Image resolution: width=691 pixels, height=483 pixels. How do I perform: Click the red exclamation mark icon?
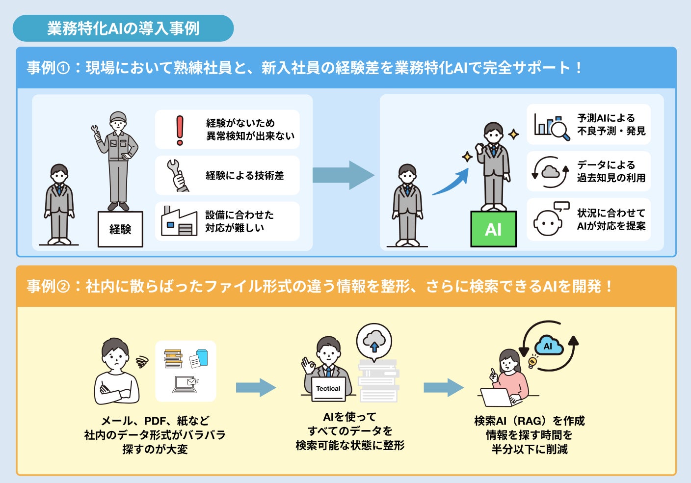pyautogui.click(x=180, y=130)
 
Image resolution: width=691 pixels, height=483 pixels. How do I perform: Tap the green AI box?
pyautogui.click(x=493, y=229)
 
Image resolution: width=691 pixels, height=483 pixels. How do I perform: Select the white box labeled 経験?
pyautogui.click(x=120, y=229)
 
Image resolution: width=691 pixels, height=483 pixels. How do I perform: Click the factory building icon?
pyautogui.click(x=179, y=221)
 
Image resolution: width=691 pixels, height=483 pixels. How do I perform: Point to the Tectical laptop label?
pyautogui.click(x=328, y=388)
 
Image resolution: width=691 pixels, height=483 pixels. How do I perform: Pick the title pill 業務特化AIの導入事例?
pyautogui.click(x=123, y=28)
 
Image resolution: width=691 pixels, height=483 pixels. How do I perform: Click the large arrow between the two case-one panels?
pyautogui.click(x=343, y=175)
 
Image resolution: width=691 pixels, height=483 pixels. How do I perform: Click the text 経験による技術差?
pyautogui.click(x=244, y=175)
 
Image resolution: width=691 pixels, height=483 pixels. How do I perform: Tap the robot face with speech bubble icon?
pyautogui.click(x=551, y=219)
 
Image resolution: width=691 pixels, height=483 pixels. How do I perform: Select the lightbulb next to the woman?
pyautogui.click(x=532, y=362)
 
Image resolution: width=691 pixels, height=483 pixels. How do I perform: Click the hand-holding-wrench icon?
pyautogui.click(x=177, y=175)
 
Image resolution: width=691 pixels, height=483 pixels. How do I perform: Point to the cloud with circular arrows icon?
pyautogui.click(x=551, y=172)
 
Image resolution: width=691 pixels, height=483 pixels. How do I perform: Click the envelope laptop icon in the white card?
pyautogui.click(x=186, y=384)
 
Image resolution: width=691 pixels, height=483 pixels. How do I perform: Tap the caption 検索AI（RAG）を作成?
pyautogui.click(x=529, y=421)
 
